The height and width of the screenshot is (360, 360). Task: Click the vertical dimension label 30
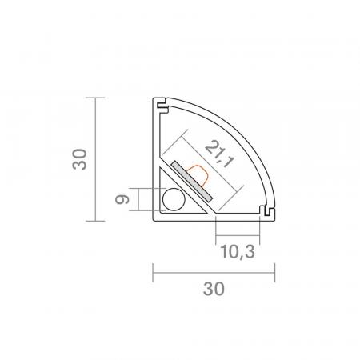(79, 159)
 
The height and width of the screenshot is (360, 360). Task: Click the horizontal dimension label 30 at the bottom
(214, 289)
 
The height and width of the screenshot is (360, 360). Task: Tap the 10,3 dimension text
(238, 252)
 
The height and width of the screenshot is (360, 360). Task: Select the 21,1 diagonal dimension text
(220, 154)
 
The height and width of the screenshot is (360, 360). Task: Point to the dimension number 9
(122, 199)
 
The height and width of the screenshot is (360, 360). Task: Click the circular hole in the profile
(174, 199)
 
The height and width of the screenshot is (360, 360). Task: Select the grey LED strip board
(192, 181)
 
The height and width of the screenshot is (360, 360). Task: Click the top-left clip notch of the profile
(162, 105)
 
